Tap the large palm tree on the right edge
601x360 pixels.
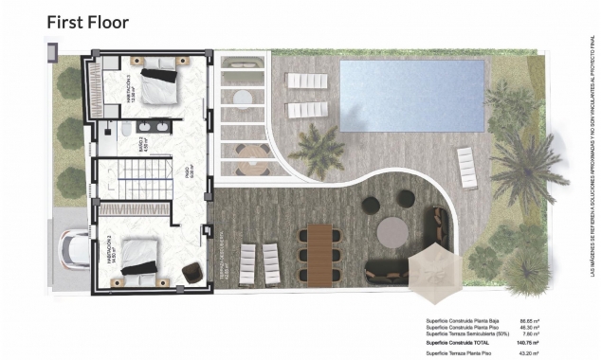tap(527, 167)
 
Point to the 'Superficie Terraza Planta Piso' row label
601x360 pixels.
tap(464, 353)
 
